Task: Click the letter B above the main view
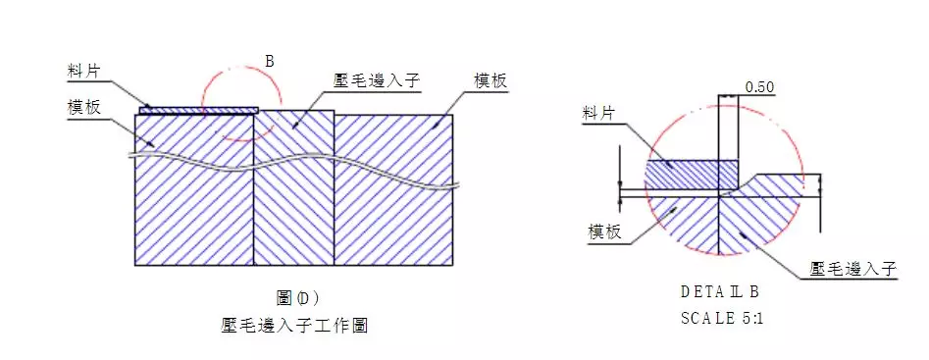[x=270, y=61]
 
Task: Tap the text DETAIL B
[x=719, y=291]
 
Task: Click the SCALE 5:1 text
[x=719, y=318]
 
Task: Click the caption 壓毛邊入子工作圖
[x=294, y=325]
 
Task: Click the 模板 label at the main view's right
[x=490, y=81]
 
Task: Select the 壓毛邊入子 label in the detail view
[x=854, y=267]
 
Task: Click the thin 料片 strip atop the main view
[x=196, y=111]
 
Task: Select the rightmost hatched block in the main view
[x=392, y=216]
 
